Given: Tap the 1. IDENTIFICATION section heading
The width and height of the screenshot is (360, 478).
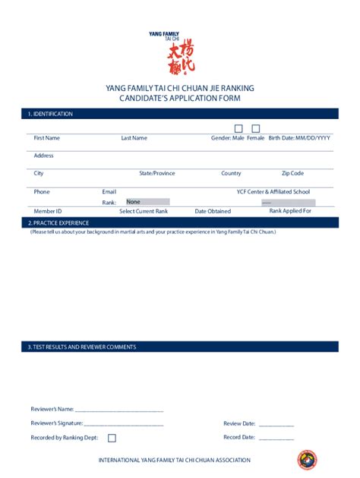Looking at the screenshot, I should (50, 114).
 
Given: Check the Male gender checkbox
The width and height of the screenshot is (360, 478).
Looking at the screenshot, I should (238, 128).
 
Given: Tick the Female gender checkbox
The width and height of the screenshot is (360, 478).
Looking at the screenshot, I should (256, 128).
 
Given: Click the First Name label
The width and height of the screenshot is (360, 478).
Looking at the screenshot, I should (46, 138).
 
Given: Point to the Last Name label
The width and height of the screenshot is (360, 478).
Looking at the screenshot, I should (134, 138).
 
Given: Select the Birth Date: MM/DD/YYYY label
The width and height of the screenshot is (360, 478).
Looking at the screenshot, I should (299, 138).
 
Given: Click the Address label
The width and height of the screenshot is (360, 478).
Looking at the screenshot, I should (43, 156).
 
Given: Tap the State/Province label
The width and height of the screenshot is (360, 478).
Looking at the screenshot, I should (156, 173).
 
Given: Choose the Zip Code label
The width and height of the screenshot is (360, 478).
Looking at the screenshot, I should (292, 173).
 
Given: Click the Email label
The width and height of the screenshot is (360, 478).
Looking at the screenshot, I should (109, 192).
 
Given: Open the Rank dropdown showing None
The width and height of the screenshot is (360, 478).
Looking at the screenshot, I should (147, 202).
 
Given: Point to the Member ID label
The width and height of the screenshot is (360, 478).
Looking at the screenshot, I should (47, 211).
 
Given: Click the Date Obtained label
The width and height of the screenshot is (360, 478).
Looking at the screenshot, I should (213, 211).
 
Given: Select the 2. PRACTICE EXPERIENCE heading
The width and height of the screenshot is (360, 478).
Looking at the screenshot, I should (58, 223).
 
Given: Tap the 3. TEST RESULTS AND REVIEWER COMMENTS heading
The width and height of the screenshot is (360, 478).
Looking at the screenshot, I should (82, 347).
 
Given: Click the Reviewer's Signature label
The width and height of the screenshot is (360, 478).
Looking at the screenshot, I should (56, 423).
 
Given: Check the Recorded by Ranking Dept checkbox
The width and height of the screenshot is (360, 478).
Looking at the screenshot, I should (112, 438).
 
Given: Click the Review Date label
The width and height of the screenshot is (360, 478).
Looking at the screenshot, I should (238, 423).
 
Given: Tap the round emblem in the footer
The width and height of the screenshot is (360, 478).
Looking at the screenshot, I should (307, 460).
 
